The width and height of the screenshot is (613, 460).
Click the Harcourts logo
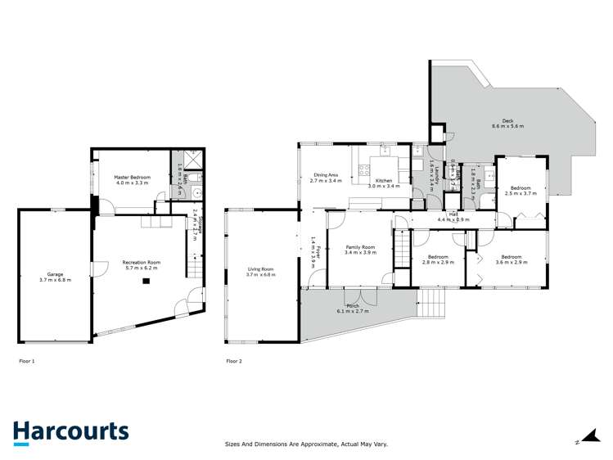[x=70, y=431]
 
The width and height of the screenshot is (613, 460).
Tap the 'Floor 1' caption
[x=27, y=360]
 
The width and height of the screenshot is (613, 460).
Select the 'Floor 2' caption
[x=233, y=360]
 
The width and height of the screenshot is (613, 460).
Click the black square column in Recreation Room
[x=146, y=281]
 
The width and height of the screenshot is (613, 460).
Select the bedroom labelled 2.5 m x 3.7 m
[x=521, y=191]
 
